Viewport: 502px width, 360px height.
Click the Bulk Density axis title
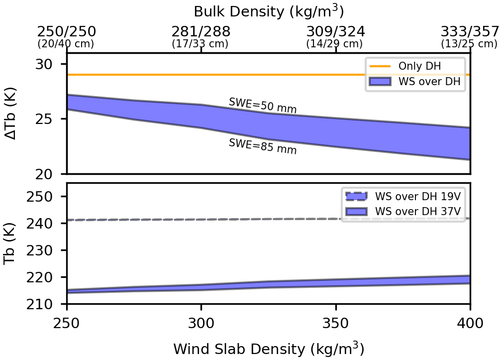click(x=269, y=11)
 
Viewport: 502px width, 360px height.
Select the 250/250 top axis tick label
click(x=67, y=31)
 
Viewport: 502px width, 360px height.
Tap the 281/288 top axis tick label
click(x=201, y=31)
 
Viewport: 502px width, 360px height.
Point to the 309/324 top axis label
click(x=336, y=31)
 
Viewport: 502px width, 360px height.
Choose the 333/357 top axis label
click(x=470, y=31)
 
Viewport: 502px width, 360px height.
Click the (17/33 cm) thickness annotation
click(x=200, y=44)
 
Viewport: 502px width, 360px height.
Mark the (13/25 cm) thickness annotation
click(x=469, y=44)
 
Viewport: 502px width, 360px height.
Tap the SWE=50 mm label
click(x=263, y=106)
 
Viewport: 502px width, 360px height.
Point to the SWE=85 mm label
click(x=263, y=146)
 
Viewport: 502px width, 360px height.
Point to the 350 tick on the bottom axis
click(x=336, y=323)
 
